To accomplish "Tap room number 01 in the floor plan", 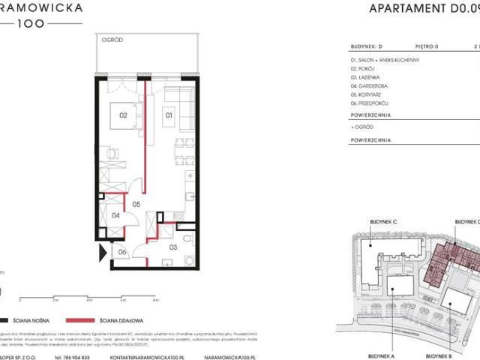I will (169, 115).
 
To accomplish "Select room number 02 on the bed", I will (121, 115).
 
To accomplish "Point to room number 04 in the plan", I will (115, 216).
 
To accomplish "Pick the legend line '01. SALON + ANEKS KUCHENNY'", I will (389, 58).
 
